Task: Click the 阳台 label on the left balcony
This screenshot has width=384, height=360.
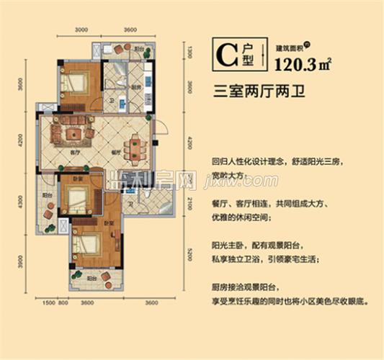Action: pyautogui.click(x=46, y=195)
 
